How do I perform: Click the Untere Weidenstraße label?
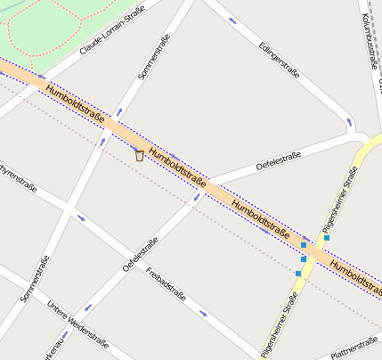click(78, 322)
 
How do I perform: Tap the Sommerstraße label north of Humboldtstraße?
click(154, 56)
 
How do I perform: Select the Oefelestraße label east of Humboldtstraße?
click(278, 160)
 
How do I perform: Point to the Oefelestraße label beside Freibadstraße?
click(140, 254)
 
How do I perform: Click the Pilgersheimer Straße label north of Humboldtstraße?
click(340, 205)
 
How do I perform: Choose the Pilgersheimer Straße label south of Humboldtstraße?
click(279, 326)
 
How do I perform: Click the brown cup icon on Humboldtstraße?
click(139, 155)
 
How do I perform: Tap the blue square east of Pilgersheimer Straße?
click(327, 238)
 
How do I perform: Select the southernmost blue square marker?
click(298, 273)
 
